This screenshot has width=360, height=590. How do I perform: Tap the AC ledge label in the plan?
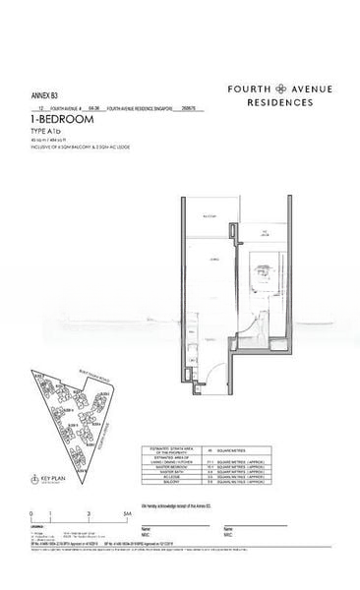[x=265, y=232]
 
